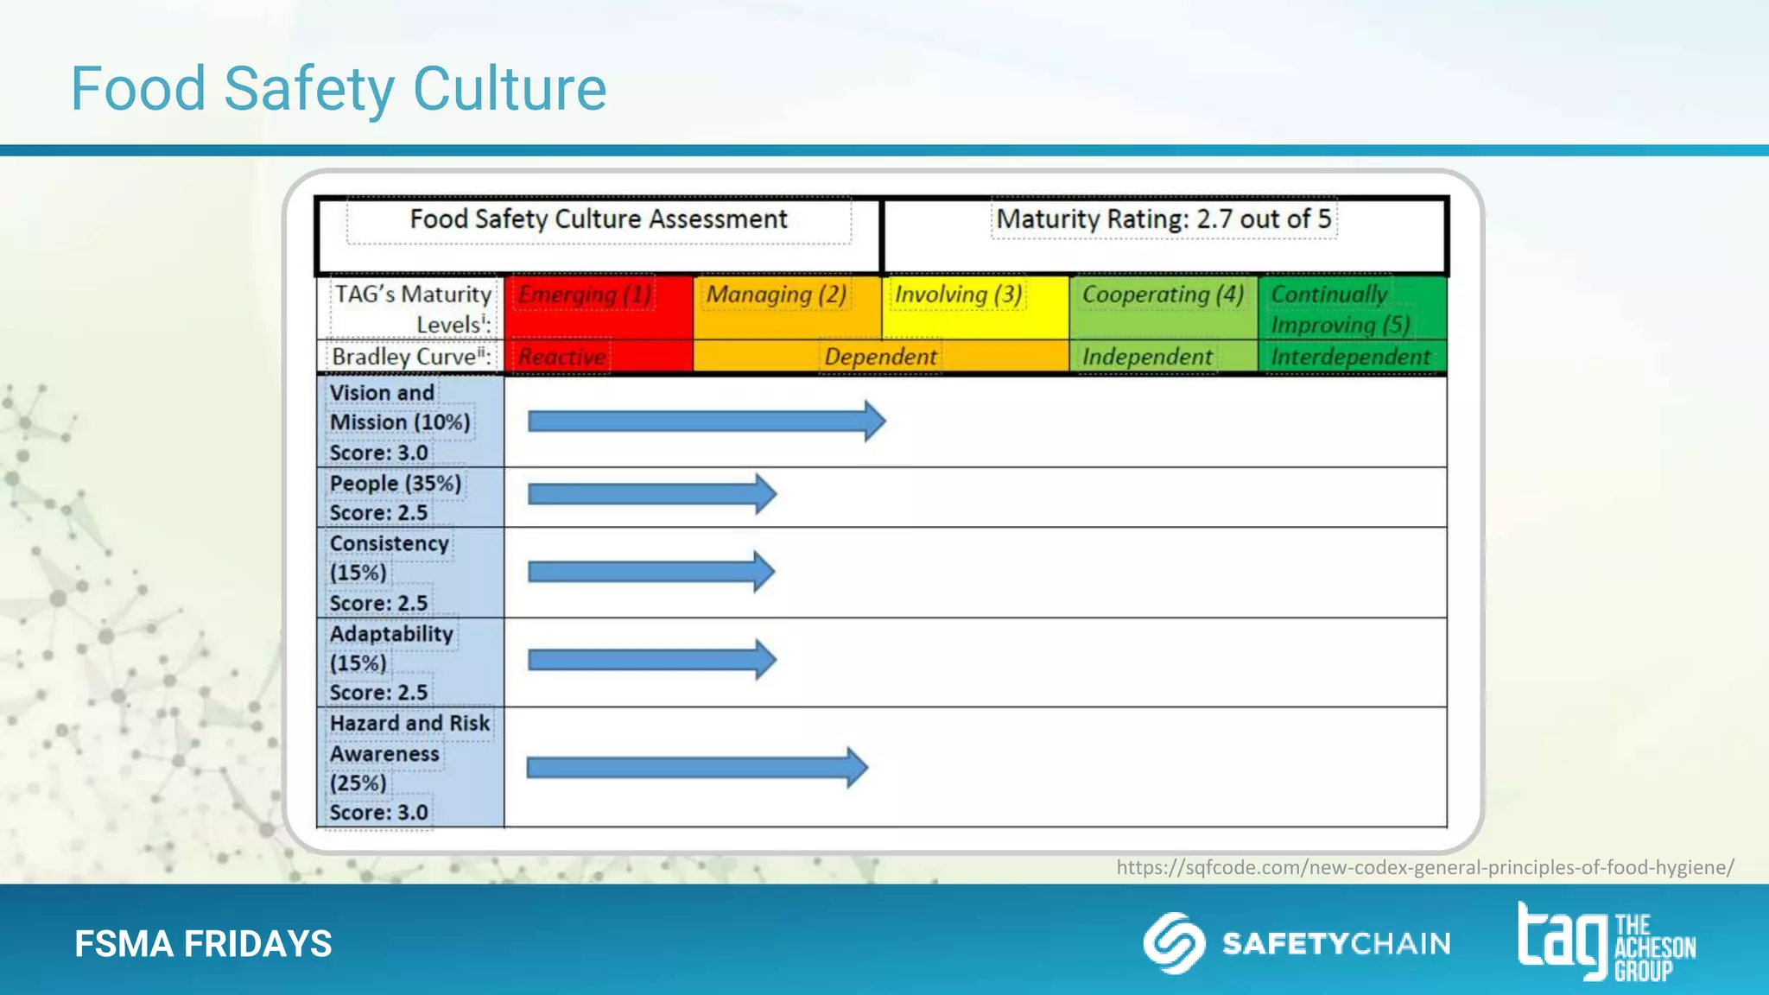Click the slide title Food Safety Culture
[338, 89]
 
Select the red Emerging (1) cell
[598, 307]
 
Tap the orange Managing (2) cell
[786, 307]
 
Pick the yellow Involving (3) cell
[974, 307]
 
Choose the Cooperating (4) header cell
[1163, 307]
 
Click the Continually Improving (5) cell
[1351, 308]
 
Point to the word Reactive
[562, 357]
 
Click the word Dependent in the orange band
[880, 357]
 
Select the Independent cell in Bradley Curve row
[1147, 357]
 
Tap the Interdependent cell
[1351, 357]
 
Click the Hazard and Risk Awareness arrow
[695, 767]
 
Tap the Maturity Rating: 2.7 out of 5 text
[1163, 219]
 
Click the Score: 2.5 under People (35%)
[378, 513]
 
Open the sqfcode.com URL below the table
[1424, 867]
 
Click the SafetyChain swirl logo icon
[1174, 943]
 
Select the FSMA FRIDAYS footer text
[203, 943]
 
